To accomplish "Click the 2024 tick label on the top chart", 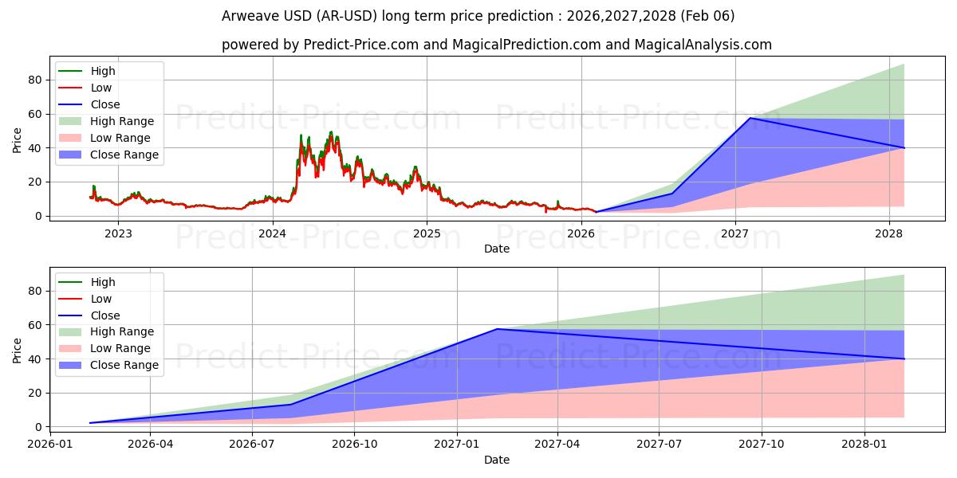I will tap(273, 233).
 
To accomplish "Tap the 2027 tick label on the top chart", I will tap(734, 233).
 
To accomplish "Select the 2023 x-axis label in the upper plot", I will tap(119, 233).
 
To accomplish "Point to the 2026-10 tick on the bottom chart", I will tap(354, 445).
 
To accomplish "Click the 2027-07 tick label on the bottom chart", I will tap(660, 445).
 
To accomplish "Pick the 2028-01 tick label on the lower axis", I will tap(865, 445).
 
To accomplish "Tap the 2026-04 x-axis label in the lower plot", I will tap(150, 445).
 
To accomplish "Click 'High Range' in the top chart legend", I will tap(122, 121).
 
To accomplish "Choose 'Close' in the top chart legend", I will tap(105, 104).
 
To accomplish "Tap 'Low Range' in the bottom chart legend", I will tap(120, 348).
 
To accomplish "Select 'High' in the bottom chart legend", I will tap(103, 282).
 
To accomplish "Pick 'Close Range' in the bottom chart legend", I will tap(124, 365).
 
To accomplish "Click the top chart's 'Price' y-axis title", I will tap(18, 140).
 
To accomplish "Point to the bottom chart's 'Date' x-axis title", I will tap(496, 460).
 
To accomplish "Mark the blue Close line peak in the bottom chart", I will tap(497, 329).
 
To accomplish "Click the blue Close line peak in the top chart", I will tap(750, 118).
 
